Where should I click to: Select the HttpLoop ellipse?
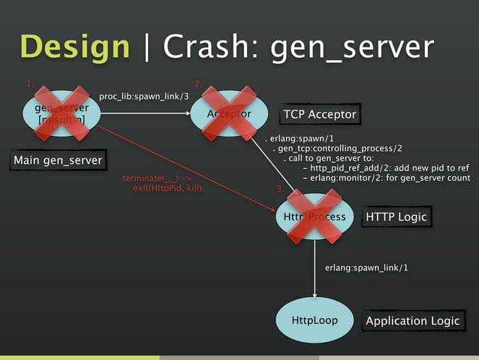click(x=314, y=321)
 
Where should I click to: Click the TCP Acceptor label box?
click(x=319, y=114)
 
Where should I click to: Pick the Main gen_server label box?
click(x=58, y=160)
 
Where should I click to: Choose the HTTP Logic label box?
click(x=396, y=217)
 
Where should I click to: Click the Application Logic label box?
click(x=412, y=321)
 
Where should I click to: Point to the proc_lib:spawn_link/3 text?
click(x=143, y=97)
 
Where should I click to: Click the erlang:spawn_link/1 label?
click(x=366, y=268)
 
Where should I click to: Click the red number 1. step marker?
click(x=31, y=83)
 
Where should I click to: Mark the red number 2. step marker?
click(x=198, y=83)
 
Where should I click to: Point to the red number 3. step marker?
click(x=280, y=188)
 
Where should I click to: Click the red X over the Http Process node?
click(x=310, y=216)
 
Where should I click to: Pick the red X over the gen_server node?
click(x=61, y=113)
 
